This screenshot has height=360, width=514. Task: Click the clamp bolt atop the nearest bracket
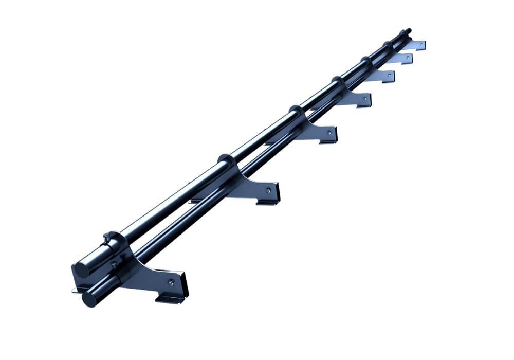point(107,238)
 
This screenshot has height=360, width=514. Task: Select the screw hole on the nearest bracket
point(171,282)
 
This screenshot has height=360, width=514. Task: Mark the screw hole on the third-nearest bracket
point(328,132)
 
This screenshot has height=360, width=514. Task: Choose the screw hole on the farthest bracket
point(421,45)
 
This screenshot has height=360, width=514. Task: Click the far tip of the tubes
point(409,30)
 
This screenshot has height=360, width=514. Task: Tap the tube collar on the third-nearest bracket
point(296,110)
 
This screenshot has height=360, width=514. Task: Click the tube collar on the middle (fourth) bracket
point(337,81)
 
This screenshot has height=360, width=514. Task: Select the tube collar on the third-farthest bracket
point(365,61)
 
